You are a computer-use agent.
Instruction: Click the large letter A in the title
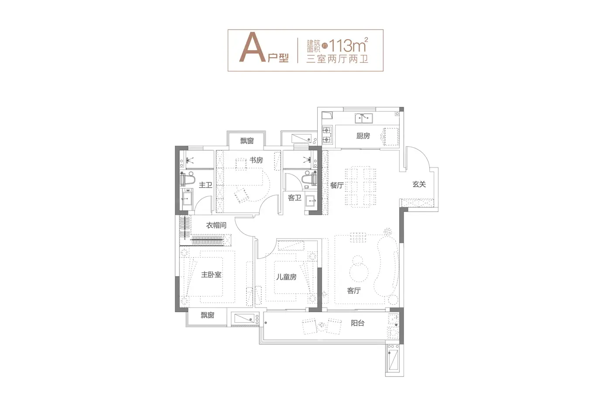coord(252,48)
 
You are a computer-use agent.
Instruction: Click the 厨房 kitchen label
coord(363,136)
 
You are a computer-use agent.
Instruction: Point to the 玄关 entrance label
coord(419,185)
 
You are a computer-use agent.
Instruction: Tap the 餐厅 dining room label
coord(337,185)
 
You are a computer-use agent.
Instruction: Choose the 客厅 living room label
coord(354,291)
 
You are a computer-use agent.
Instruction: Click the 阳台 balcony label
coord(357,323)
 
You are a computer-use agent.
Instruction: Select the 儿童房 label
coord(286,277)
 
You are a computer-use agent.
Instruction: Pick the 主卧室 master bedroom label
coord(211,274)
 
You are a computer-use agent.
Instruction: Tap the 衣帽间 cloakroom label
coord(216,226)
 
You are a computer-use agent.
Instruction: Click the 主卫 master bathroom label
coord(206,185)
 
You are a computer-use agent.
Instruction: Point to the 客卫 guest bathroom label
coord(295,198)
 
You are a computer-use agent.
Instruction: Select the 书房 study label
coord(256,160)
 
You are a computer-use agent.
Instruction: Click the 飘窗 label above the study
coord(247,141)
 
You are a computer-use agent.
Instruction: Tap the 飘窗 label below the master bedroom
coord(208,315)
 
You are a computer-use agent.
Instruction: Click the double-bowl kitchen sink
coord(364,118)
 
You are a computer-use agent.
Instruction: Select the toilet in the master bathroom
coord(188,179)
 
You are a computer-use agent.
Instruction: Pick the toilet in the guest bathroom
coord(309,179)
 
